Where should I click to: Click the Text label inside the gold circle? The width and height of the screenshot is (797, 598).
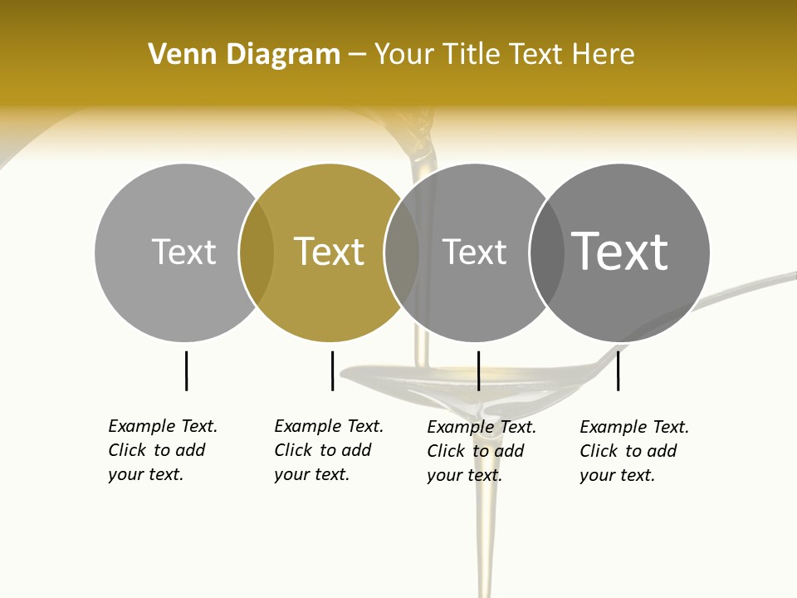[330, 252]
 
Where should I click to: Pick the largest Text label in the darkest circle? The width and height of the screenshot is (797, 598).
[620, 251]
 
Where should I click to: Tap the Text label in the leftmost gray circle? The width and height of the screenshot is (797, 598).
[184, 252]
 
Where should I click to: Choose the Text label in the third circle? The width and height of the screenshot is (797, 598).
[475, 252]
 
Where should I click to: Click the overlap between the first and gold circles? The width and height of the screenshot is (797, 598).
[257, 252]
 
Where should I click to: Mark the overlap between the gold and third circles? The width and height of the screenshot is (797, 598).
[402, 252]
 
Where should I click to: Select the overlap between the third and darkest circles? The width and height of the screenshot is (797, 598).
[547, 252]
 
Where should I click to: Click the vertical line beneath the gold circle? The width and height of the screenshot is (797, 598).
[332, 370]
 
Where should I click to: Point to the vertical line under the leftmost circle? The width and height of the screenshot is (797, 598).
[186, 370]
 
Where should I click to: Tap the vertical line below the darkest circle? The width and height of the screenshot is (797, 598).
[619, 370]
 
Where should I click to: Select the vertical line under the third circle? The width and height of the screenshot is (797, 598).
[478, 370]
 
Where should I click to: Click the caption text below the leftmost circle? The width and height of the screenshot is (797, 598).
[162, 450]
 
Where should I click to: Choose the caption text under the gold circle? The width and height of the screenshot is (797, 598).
[328, 450]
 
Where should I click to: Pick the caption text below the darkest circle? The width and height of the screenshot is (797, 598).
[633, 451]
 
